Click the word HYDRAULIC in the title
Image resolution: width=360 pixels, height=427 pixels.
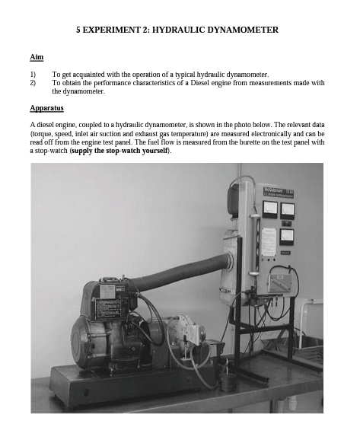pyautogui.click(x=175, y=30)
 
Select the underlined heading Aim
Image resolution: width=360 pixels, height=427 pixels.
pyautogui.click(x=36, y=57)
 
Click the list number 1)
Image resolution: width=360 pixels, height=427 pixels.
pyautogui.click(x=33, y=75)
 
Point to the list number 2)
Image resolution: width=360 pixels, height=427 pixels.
pyautogui.click(x=33, y=83)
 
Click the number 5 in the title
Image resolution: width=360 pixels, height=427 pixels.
pyautogui.click(x=78, y=30)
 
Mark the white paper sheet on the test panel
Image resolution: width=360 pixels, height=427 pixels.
pyautogui.click(x=269, y=241)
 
